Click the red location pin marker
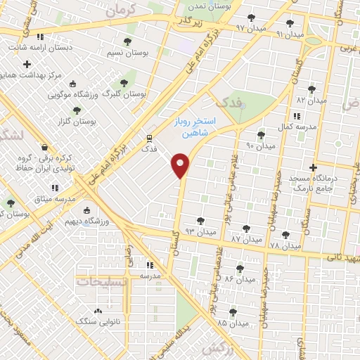point(181,165)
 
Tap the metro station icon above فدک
point(149,138)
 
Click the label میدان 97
point(250,27)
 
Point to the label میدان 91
point(290,34)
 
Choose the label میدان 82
point(312,101)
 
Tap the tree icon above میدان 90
point(261,135)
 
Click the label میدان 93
point(200,231)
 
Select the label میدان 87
point(246,239)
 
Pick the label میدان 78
point(285,246)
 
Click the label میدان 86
point(240,279)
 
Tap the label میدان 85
point(233,323)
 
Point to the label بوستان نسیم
point(126,53)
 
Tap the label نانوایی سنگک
point(96,321)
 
